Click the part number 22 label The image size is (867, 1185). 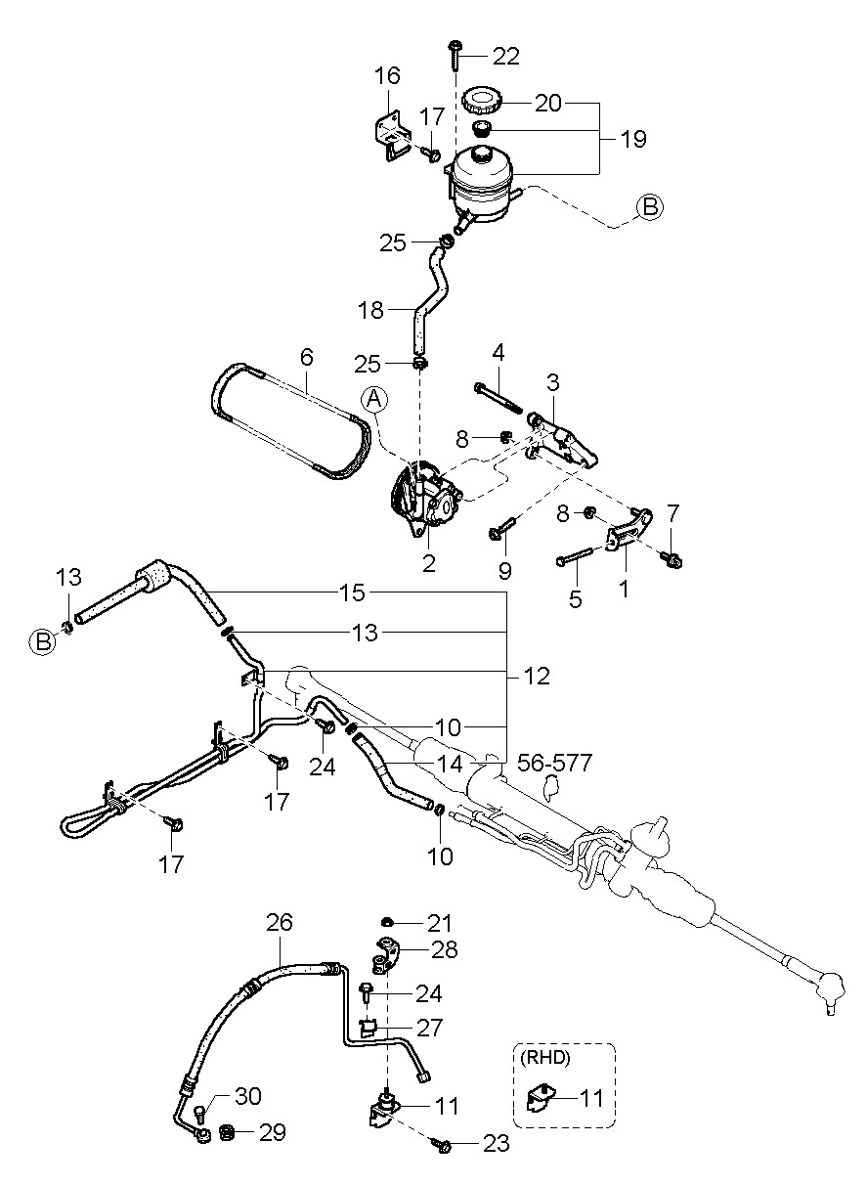(505, 56)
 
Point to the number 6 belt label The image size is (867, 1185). (306, 358)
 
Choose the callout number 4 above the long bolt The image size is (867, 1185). (498, 351)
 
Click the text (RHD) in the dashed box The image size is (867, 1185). (542, 1057)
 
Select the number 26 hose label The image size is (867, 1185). (280, 923)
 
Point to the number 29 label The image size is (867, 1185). (272, 1132)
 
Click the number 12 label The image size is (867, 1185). (536, 676)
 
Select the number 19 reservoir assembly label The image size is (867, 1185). (632, 140)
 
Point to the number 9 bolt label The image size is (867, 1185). (505, 569)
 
